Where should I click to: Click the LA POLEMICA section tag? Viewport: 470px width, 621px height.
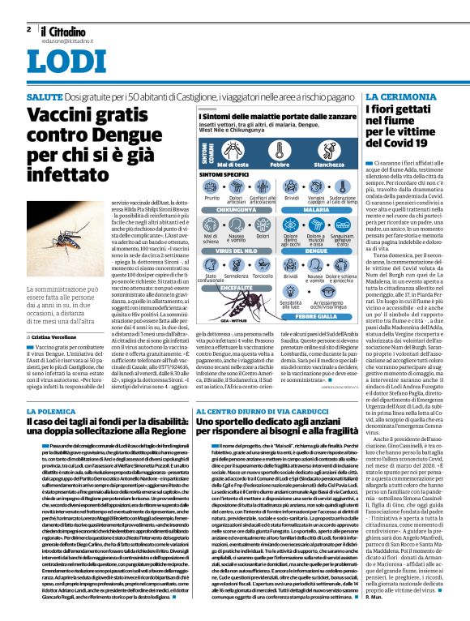[54, 412]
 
